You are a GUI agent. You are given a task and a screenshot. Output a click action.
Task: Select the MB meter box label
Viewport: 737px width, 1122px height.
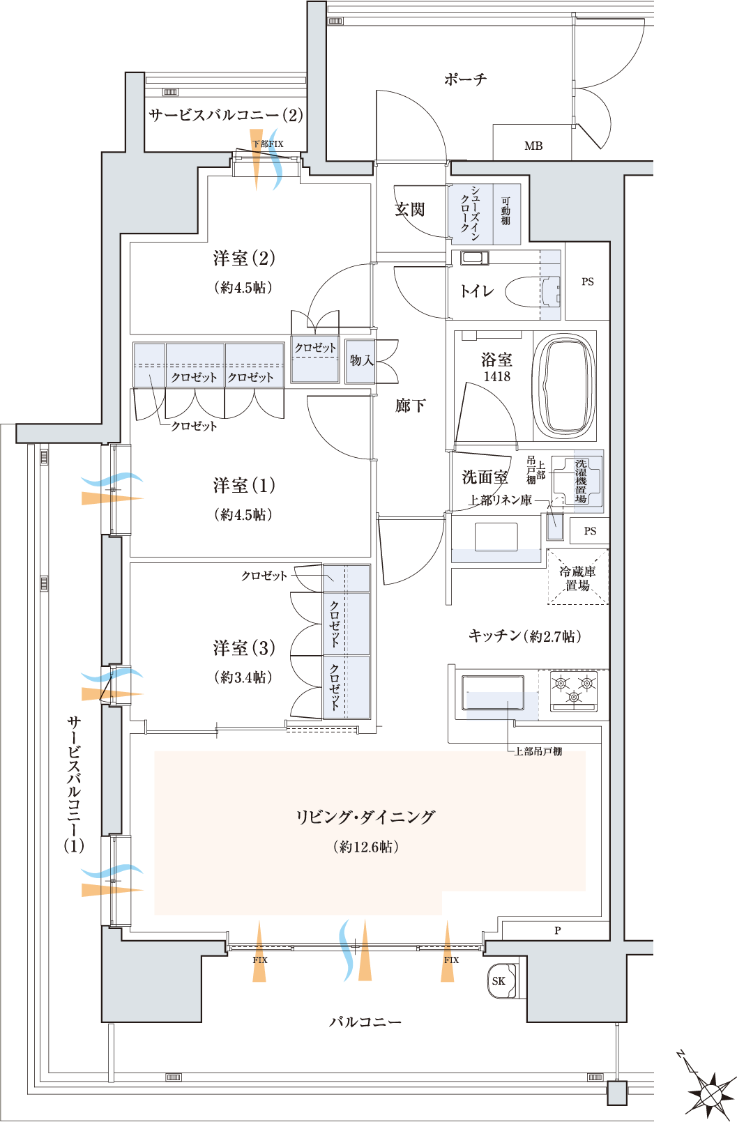533,146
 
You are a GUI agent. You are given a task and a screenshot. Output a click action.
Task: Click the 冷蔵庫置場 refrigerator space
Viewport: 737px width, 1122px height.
577,577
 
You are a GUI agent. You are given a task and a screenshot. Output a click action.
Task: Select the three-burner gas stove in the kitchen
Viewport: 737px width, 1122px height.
574,690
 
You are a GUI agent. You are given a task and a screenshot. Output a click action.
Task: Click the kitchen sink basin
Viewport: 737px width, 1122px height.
493,693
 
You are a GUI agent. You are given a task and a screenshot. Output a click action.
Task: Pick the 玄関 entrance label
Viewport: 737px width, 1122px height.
410,209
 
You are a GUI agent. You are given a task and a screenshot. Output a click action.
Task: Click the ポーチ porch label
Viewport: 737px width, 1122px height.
466,79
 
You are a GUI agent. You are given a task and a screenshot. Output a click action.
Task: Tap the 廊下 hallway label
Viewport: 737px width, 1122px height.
410,405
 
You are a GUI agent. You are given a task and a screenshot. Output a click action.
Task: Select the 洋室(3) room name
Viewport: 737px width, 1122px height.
244,647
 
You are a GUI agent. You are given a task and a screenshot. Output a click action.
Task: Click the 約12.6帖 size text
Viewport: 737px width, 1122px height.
366,847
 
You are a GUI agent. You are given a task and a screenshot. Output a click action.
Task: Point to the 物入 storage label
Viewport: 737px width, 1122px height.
361,360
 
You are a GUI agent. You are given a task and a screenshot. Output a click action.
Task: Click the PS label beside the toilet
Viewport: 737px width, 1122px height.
588,282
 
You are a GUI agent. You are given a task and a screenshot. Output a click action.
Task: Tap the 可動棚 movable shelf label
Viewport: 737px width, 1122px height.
506,211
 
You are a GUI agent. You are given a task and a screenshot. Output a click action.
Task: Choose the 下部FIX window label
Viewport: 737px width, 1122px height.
268,144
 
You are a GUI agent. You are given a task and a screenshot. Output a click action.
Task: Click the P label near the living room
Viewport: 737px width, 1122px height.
558,930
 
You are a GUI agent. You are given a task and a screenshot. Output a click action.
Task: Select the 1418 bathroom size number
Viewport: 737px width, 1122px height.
497,376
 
